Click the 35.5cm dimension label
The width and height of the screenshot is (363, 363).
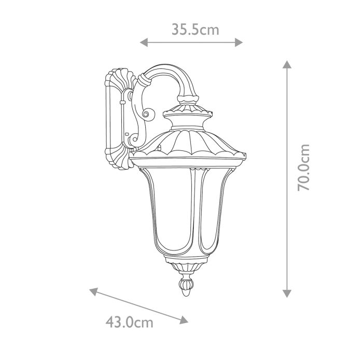[x=196, y=30]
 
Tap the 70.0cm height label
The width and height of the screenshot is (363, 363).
[x=304, y=167]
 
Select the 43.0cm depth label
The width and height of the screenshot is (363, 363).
[x=130, y=322]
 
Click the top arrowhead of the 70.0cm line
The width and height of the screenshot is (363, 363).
[x=286, y=65]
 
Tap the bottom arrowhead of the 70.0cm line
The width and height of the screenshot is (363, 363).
[x=286, y=293]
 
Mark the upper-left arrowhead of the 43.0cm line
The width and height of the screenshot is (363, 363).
[x=94, y=290]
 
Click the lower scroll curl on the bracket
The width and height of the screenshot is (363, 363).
[x=134, y=138]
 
